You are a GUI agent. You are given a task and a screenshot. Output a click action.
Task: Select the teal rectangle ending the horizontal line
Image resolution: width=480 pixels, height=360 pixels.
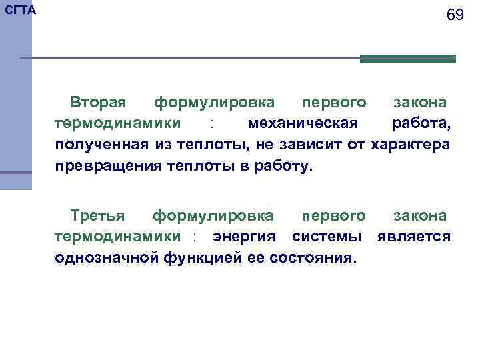coord(407,59)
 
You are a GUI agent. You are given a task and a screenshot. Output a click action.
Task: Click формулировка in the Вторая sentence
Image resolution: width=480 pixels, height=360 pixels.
coord(214,103)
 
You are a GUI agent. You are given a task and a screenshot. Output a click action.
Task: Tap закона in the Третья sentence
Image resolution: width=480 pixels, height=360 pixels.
coord(420,215)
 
